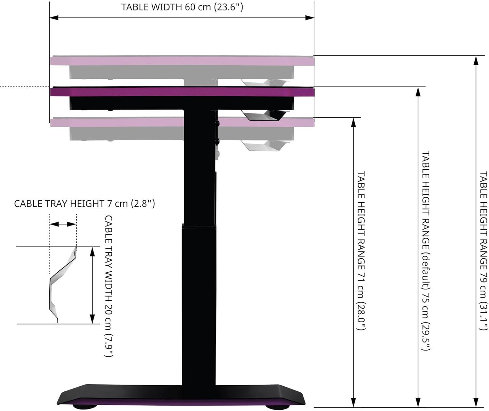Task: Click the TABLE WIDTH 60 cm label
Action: [x=182, y=7]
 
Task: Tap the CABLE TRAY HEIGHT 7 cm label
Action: [x=84, y=204]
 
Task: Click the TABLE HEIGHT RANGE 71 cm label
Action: [x=361, y=251]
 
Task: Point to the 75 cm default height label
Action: [x=426, y=251]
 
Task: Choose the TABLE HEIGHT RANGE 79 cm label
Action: [x=483, y=251]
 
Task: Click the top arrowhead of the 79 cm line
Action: [x=476, y=60]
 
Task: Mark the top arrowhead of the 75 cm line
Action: [x=418, y=92]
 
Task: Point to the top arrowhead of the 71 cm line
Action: [x=354, y=122]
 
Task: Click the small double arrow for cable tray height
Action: [x=63, y=224]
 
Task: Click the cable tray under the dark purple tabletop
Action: [x=264, y=115]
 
